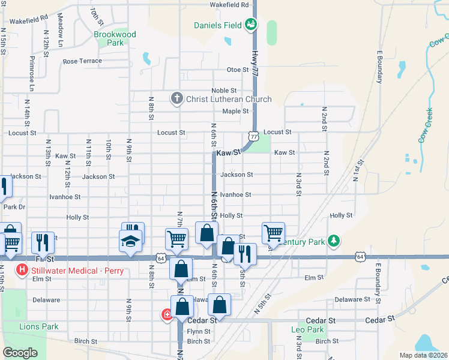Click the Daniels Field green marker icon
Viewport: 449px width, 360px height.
251,25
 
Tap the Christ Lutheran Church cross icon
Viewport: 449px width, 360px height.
176,98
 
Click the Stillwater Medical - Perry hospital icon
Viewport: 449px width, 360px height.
23,270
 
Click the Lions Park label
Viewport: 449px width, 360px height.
39,326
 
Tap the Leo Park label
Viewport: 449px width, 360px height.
307,329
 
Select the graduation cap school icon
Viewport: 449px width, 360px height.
130,241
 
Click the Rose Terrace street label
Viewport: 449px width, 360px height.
83,61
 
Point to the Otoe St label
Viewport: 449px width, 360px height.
238,70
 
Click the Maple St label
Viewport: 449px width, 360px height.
235,111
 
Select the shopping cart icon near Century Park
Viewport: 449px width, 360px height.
273,233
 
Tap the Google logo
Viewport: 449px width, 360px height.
20,353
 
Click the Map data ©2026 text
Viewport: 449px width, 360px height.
423,355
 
